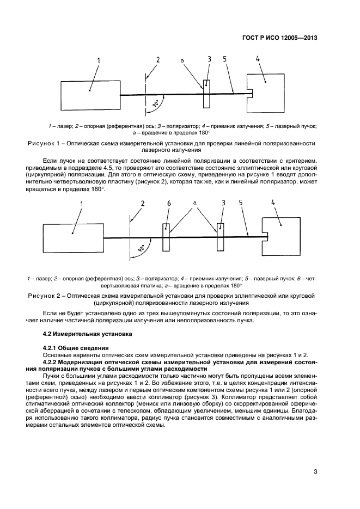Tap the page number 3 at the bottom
(x=315, y=471)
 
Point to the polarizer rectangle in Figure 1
(x=206, y=94)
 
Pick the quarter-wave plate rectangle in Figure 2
(x=166, y=237)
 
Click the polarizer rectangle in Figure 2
(x=220, y=237)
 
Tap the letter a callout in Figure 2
(x=194, y=203)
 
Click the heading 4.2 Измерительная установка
(x=81, y=333)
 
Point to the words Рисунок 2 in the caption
(x=45, y=296)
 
